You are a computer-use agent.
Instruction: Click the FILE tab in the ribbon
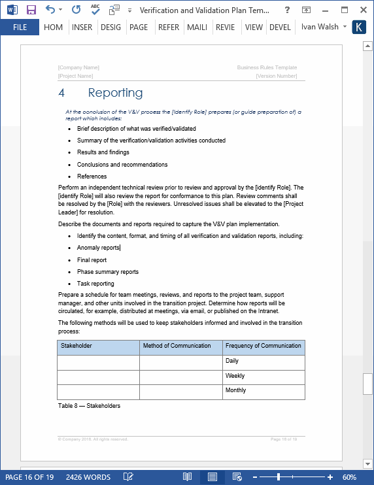tap(20, 27)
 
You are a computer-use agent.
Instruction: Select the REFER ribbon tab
tap(169, 27)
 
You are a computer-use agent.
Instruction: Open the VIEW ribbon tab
tap(254, 27)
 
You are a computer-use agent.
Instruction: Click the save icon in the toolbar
tap(31, 10)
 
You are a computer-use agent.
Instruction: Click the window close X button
tap(361, 10)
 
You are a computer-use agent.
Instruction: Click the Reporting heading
tap(115, 93)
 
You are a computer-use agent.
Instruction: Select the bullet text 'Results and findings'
tap(103, 152)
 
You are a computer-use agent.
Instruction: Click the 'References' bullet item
tap(92, 176)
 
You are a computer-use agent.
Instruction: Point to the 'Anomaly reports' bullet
tap(98, 248)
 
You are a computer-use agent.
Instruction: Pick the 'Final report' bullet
tap(92, 260)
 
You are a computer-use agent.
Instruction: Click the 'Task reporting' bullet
tap(95, 284)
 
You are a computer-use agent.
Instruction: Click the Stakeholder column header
tap(76, 346)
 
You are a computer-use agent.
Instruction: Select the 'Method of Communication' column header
tap(177, 346)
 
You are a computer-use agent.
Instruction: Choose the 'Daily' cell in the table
tap(232, 361)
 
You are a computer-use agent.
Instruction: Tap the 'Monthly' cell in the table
tap(235, 390)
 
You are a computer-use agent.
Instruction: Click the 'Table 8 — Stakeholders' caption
tap(89, 406)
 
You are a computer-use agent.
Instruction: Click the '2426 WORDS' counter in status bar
tap(88, 477)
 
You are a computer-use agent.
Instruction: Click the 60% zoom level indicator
tap(349, 477)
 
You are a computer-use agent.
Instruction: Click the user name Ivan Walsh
tap(320, 27)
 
